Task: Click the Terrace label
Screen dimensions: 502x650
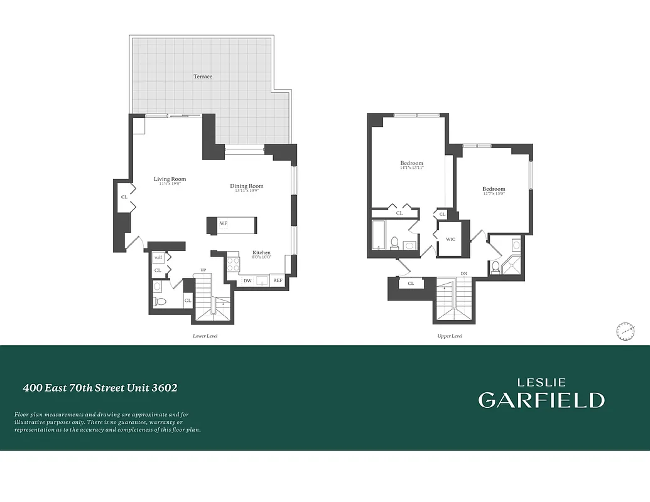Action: click(x=203, y=77)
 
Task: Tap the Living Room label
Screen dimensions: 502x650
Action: click(x=170, y=179)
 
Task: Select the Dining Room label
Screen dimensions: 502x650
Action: click(x=246, y=186)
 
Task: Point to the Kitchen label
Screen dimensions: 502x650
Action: click(x=261, y=252)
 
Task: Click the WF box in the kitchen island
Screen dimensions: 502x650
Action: click(x=223, y=223)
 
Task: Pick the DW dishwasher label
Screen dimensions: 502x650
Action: click(x=247, y=280)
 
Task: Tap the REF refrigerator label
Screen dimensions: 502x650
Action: click(x=278, y=280)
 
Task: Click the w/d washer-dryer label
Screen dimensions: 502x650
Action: click(x=158, y=257)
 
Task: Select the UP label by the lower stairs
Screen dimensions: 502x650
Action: click(x=203, y=270)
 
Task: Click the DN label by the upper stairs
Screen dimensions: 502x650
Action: click(x=463, y=274)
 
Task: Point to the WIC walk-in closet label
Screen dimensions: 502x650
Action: click(x=450, y=239)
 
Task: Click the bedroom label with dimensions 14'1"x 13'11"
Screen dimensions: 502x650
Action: click(x=412, y=163)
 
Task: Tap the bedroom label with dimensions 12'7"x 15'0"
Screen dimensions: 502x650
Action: click(x=494, y=189)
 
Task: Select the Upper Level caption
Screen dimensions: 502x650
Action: click(x=450, y=336)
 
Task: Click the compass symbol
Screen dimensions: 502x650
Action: click(x=625, y=331)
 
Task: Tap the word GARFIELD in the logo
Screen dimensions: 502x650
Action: click(x=541, y=400)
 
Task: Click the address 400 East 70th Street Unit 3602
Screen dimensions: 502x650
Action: click(x=100, y=388)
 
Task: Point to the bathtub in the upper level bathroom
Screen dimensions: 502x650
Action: click(x=379, y=235)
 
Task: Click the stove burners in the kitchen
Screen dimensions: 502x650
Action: click(x=232, y=264)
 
